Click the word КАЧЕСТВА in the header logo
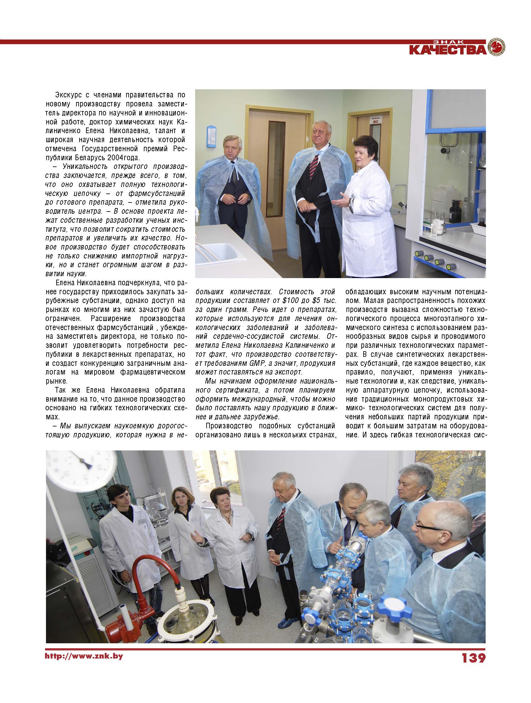pos(447,50)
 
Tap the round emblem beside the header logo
pos(496,47)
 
